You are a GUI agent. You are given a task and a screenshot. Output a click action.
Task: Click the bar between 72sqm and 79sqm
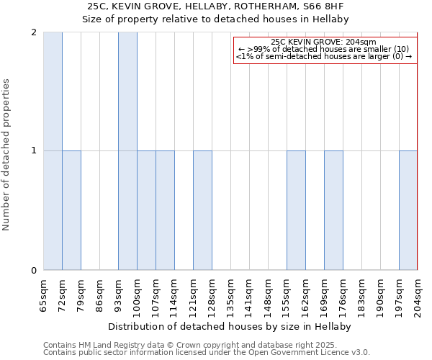pyautogui.click(x=71, y=210)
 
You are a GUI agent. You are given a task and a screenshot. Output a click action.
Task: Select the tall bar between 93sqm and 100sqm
pyautogui.click(x=127, y=151)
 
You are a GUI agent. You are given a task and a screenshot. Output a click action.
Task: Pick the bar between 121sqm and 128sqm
pyautogui.click(x=202, y=210)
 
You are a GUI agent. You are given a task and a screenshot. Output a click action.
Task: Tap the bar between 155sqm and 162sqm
pyautogui.click(x=296, y=210)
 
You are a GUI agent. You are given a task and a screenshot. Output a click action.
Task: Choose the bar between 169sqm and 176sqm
pyautogui.click(x=333, y=210)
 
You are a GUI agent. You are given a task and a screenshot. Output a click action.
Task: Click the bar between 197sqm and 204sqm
pyautogui.click(x=408, y=210)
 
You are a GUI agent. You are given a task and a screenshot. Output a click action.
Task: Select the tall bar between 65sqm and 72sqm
pyautogui.click(x=53, y=151)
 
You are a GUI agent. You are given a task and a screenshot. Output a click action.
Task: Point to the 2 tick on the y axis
pyautogui.click(x=34, y=32)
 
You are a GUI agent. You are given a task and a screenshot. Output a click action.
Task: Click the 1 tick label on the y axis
pyautogui.click(x=34, y=150)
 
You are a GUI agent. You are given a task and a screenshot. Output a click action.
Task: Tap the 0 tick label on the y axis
pyautogui.click(x=34, y=271)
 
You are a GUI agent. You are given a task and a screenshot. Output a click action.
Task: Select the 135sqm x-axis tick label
pyautogui.click(x=231, y=294)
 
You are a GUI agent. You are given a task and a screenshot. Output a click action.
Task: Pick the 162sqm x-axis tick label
pyautogui.click(x=306, y=294)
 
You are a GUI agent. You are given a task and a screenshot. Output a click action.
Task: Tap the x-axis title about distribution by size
pyautogui.click(x=230, y=326)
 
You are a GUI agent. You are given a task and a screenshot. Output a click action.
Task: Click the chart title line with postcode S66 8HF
pyautogui.click(x=215, y=6)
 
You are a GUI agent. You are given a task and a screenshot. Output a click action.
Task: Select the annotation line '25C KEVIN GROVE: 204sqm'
pyautogui.click(x=324, y=42)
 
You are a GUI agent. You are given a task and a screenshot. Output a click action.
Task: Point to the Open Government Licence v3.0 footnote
pyautogui.click(x=207, y=353)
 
